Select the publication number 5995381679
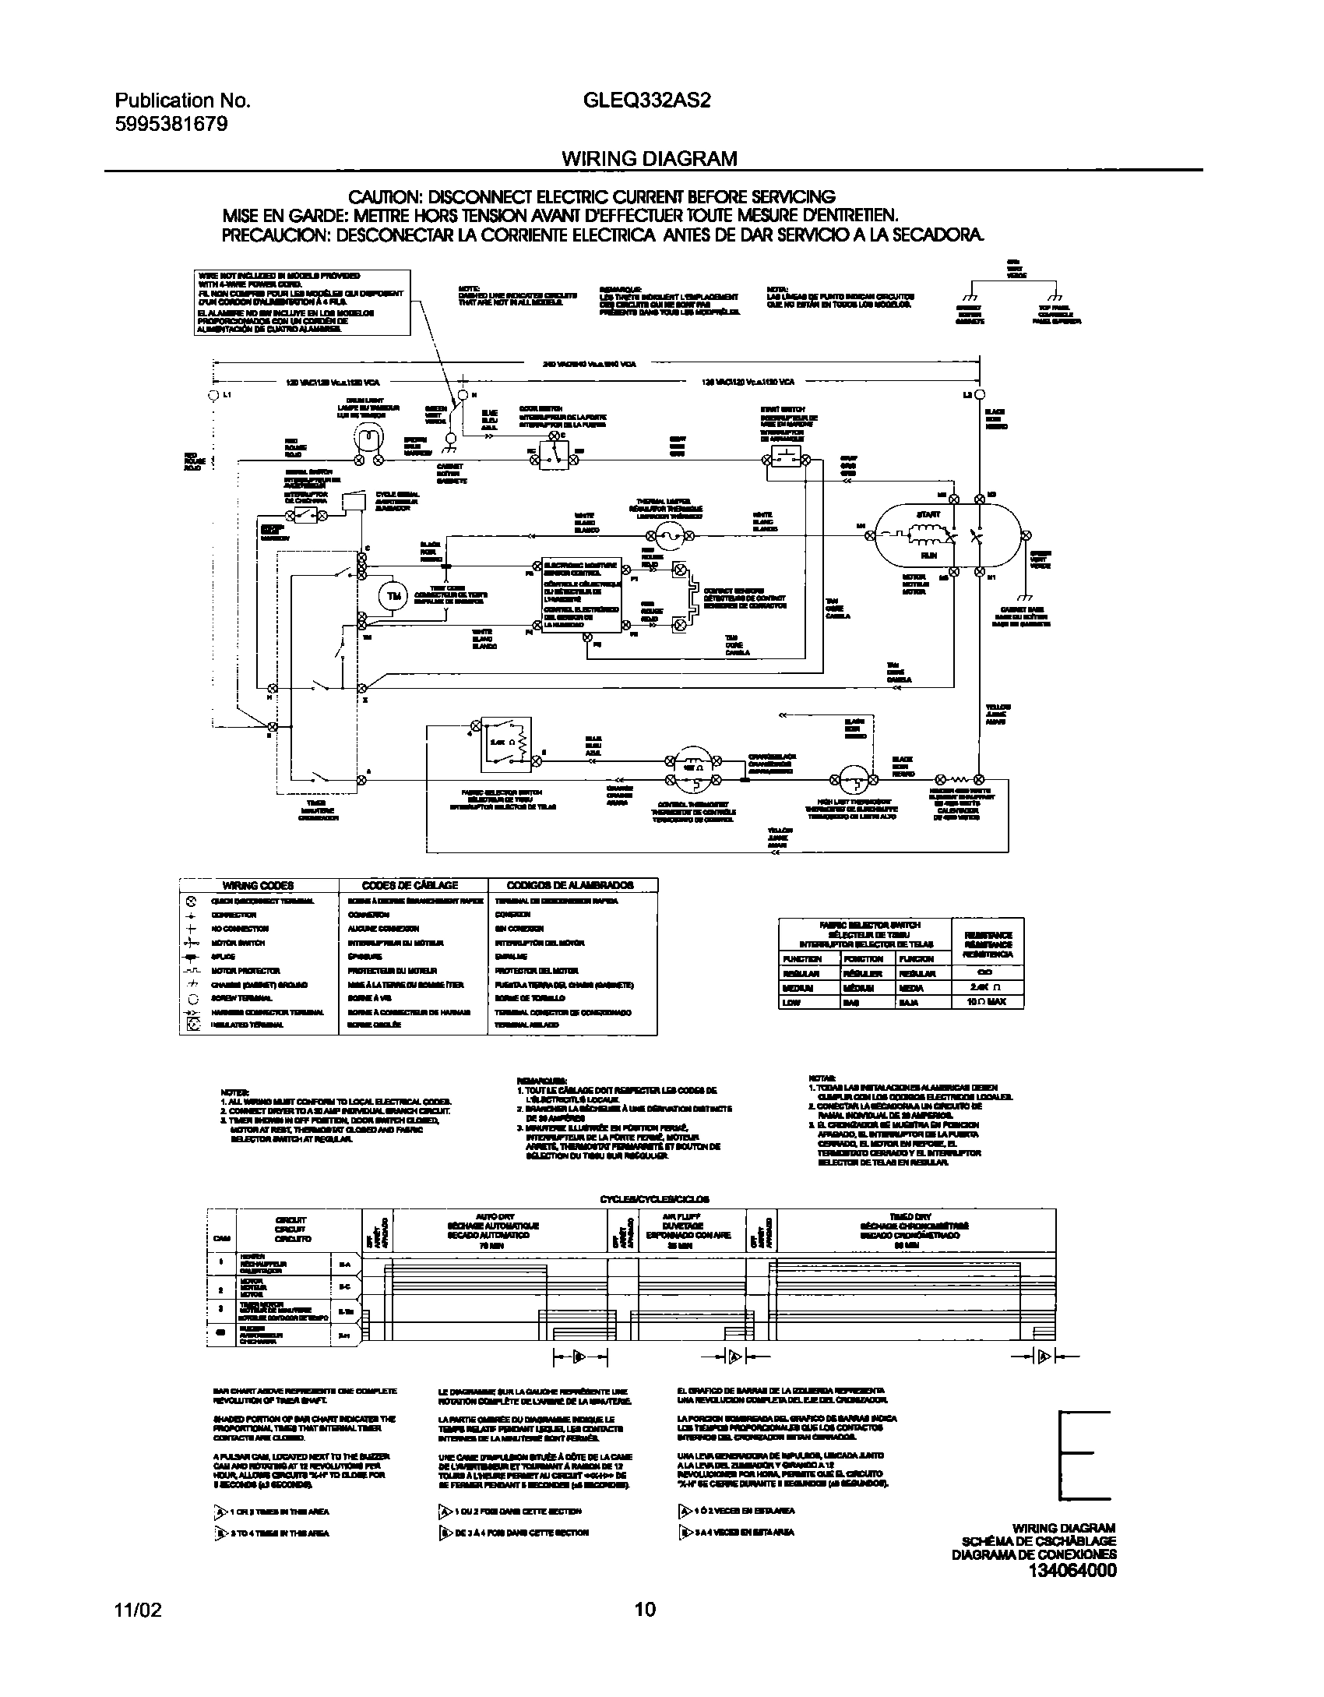pos(171,123)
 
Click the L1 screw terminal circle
pos(213,395)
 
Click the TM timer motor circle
pos(393,597)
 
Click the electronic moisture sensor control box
pos(582,595)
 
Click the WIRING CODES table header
pos(259,885)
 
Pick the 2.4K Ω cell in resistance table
pos(987,987)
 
